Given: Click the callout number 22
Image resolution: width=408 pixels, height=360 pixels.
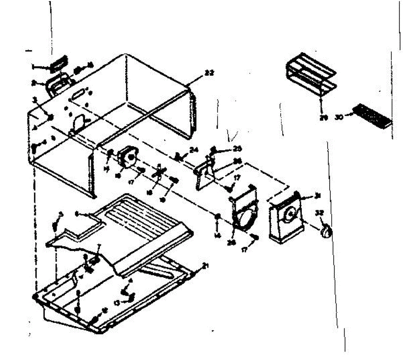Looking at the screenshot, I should tap(209, 72).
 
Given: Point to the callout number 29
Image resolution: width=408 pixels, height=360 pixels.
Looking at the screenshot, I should tap(323, 118).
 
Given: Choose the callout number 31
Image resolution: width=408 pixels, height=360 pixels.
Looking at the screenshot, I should tap(318, 195).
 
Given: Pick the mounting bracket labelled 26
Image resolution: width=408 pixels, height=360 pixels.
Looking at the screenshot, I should tap(204, 172).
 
